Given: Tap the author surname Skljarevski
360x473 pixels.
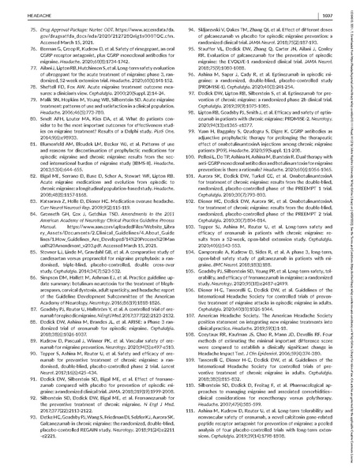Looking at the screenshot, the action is tap(216, 25).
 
